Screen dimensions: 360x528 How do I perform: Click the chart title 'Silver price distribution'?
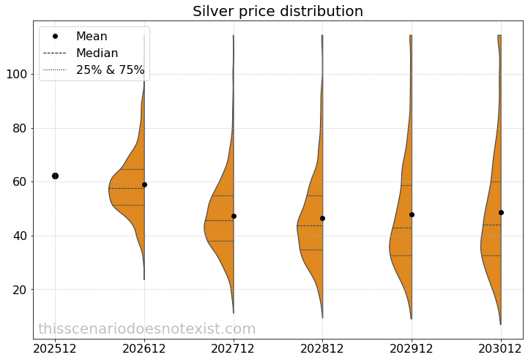[278, 12]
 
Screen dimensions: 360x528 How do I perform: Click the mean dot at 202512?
[55, 176]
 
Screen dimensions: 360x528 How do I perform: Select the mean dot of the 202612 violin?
[144, 184]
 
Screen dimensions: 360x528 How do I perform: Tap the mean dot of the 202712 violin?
[234, 216]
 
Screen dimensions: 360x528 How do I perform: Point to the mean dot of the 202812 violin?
[322, 218]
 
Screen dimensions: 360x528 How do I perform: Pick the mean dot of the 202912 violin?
[412, 214]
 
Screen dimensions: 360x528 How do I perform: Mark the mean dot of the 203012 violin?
[501, 212]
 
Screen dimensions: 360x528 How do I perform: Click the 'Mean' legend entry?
[92, 37]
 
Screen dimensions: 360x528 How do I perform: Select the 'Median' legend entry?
[97, 53]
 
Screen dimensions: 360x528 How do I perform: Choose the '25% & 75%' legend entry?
[110, 70]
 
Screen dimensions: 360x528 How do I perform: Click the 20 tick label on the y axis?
[18, 290]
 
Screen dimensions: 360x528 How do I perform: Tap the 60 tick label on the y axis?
[18, 182]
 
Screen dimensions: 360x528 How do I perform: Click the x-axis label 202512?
[55, 348]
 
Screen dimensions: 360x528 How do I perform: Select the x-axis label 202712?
[234, 348]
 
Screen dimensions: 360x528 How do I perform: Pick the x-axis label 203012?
[501, 348]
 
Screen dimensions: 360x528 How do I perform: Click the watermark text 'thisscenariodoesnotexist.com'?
[146, 329]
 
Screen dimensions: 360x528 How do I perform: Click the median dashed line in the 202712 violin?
[219, 220]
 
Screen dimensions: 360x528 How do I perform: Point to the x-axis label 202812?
[322, 348]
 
